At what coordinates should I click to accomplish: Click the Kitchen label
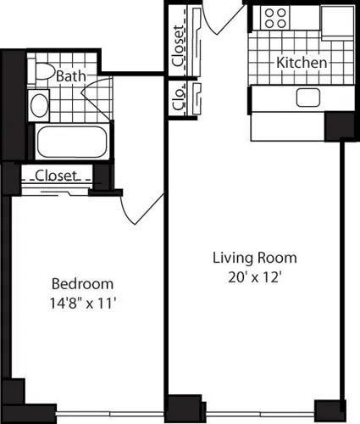[x=302, y=64]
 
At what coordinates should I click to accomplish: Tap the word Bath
[x=71, y=76]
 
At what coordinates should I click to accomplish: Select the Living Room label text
[x=254, y=258]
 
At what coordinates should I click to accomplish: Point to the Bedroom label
[x=82, y=283]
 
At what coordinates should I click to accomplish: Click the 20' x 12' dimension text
[x=254, y=275]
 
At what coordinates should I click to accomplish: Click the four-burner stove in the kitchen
[x=274, y=19]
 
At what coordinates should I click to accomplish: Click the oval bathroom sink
[x=39, y=106]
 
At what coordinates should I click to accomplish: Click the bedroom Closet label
[x=57, y=176]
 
